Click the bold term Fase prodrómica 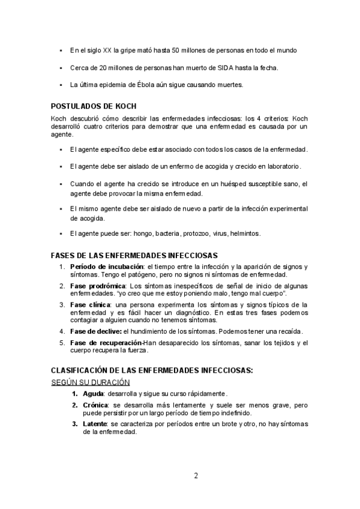tap(98, 285)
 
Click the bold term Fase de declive tap(96, 331)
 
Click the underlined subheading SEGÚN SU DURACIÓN tap(91, 382)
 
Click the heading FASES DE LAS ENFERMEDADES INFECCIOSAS tap(134, 256)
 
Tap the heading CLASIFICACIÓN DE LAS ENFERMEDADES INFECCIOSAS tap(152, 371)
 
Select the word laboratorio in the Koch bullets tap(280, 166)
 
